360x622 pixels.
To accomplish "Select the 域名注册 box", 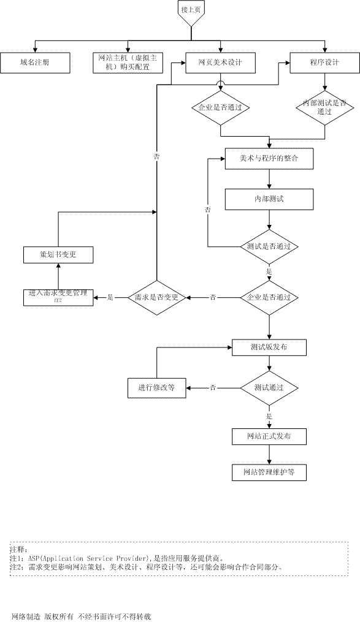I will [35, 63].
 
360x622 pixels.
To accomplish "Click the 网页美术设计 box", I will [221, 63].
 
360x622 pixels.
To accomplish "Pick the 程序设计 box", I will [324, 63].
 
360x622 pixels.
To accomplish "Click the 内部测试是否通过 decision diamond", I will [324, 107].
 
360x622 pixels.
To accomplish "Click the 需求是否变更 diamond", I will [156, 297].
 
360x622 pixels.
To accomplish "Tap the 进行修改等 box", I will [156, 387].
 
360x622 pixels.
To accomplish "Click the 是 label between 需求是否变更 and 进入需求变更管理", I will [110, 297].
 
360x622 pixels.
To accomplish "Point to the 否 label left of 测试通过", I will [213, 387].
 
